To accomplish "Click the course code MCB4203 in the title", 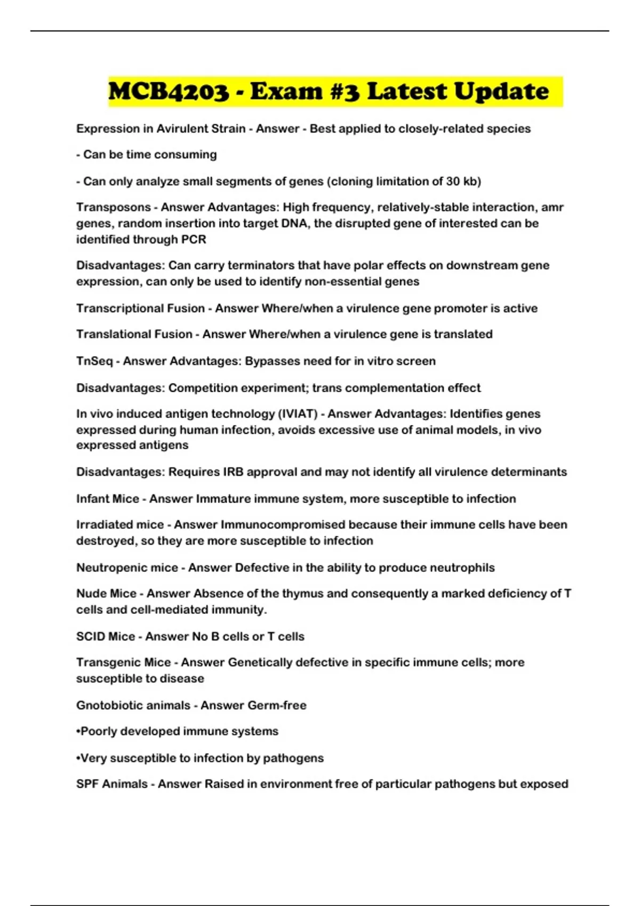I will [x=168, y=92].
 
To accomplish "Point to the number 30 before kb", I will [x=453, y=181].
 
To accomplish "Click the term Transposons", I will [x=113, y=207].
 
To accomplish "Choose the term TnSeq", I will [x=94, y=361].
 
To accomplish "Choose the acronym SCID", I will [x=90, y=636].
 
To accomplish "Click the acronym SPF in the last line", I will [x=87, y=784].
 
